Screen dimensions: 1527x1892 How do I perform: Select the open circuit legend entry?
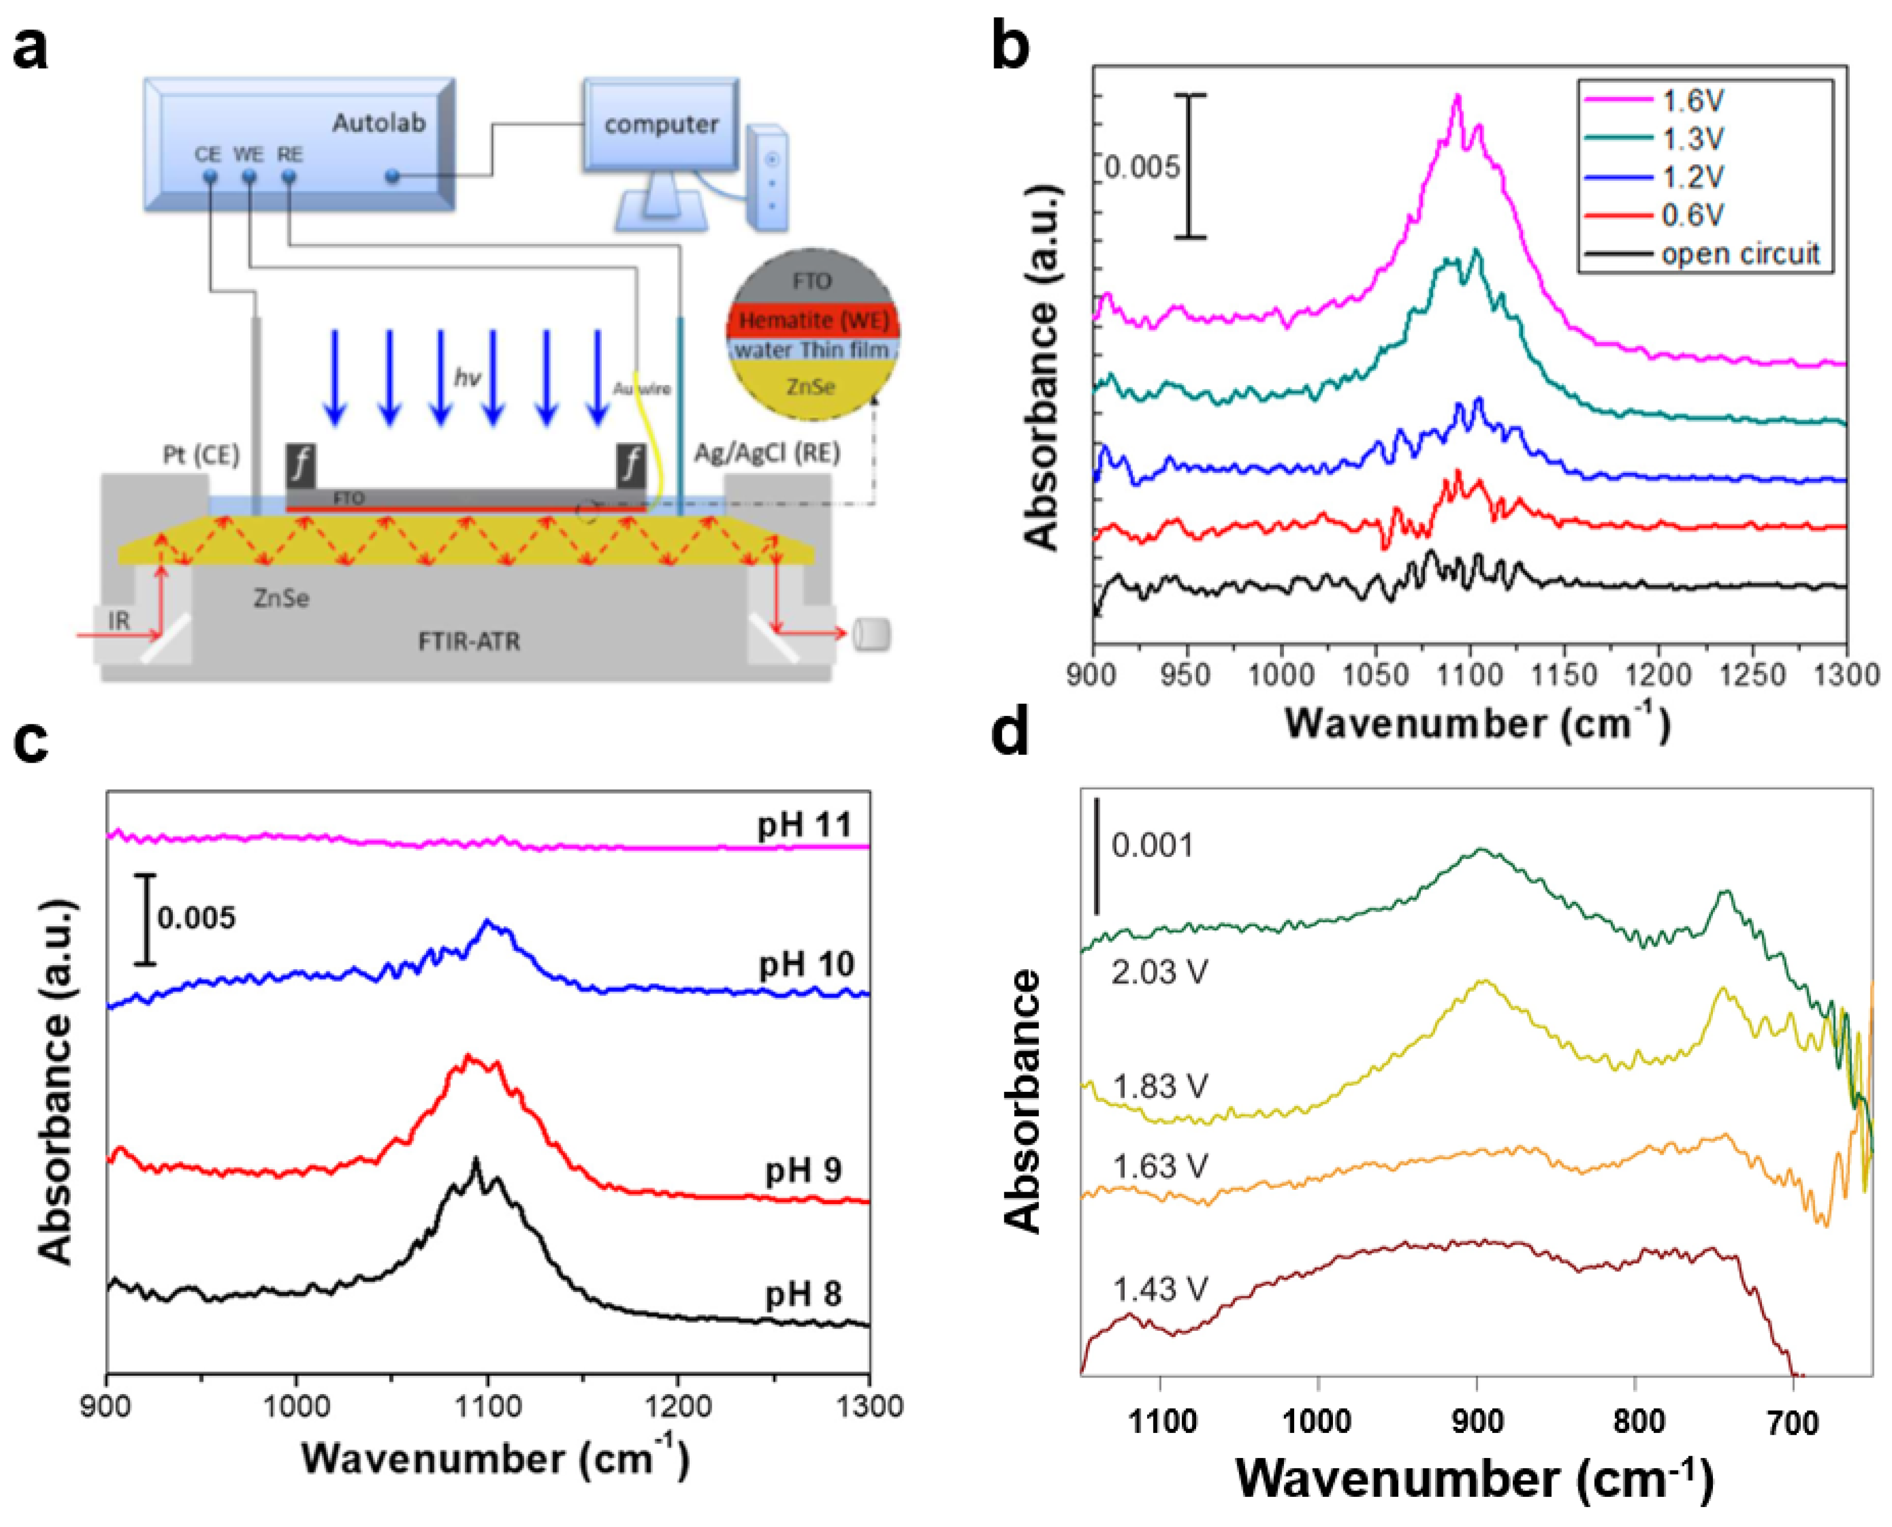(x=1739, y=254)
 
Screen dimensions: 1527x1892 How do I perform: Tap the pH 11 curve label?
(x=805, y=825)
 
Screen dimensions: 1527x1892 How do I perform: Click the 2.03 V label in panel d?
(x=1159, y=972)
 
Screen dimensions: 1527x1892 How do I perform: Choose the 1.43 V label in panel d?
(x=1159, y=1290)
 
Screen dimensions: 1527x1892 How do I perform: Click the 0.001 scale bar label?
(x=1152, y=845)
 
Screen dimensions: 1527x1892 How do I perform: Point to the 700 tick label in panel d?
(x=1792, y=1422)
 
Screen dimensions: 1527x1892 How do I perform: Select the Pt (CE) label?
(x=201, y=455)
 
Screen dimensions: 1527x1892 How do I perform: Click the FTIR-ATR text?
(x=469, y=641)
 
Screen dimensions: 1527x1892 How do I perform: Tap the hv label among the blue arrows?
(x=467, y=378)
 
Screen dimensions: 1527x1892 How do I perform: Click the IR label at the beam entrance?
(x=119, y=620)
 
